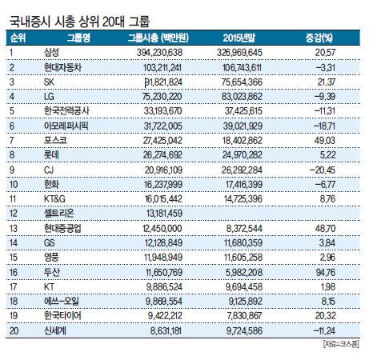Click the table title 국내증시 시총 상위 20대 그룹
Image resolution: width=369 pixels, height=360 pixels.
point(79,22)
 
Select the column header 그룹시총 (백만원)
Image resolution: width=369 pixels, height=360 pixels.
point(158,38)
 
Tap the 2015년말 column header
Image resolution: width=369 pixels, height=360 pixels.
point(239,38)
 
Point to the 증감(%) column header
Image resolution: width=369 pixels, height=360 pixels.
point(319,38)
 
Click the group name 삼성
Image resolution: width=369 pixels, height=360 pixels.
point(51,52)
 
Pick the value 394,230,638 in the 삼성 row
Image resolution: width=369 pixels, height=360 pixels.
point(159,53)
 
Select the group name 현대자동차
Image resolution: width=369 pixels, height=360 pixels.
point(62,67)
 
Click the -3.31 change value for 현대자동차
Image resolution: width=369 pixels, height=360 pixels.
point(326,67)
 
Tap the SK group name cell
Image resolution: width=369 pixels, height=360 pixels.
point(49,82)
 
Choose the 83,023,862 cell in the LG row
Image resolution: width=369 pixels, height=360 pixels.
point(242,96)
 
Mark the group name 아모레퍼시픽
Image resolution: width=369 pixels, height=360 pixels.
point(66,126)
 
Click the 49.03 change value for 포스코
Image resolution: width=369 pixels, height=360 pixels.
point(325,140)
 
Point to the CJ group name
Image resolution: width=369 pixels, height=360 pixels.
point(49,170)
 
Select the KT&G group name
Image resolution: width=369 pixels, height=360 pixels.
point(54,199)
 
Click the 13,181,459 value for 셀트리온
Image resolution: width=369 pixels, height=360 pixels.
point(164,214)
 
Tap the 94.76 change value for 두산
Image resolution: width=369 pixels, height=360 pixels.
point(326,272)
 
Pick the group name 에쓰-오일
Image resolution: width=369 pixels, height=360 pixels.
point(62,302)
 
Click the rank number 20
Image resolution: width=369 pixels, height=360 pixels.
point(14,330)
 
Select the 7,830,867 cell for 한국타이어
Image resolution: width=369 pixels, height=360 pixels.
point(244,316)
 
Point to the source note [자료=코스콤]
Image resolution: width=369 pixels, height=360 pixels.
point(341,344)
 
